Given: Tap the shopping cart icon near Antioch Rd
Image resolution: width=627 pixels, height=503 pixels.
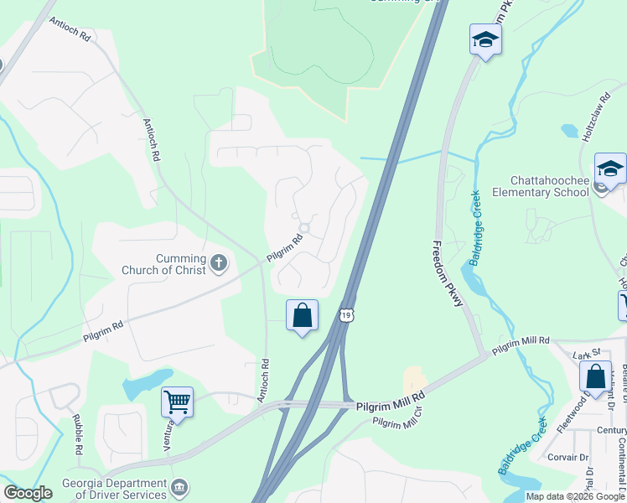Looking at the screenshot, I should tap(177, 402).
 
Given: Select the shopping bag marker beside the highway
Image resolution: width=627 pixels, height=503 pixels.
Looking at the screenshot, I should tap(303, 316).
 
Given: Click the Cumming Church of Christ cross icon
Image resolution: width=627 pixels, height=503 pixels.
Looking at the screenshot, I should tap(218, 263).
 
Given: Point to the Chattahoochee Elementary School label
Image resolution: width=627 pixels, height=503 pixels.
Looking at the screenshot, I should tap(550, 186).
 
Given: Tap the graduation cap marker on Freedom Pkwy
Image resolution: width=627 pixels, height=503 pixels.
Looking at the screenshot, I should tap(485, 41).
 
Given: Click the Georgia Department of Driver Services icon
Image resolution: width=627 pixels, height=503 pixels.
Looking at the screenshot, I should tap(179, 488).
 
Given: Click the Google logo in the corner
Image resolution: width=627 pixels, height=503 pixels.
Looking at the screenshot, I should tap(28, 493).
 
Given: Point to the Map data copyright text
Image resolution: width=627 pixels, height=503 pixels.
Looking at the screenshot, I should tap(575, 496).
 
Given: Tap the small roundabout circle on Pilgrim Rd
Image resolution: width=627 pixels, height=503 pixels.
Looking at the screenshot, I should tap(304, 228).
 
